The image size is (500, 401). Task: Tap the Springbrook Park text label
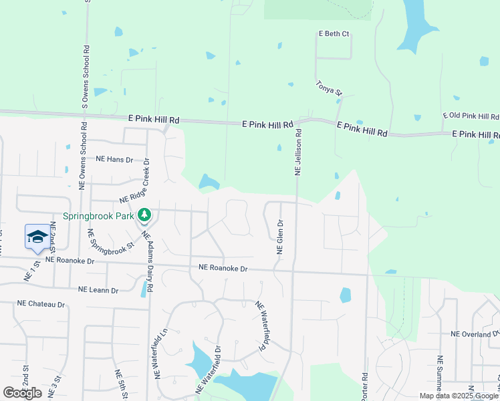coord(99,216)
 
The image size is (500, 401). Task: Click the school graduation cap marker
coord(38,237)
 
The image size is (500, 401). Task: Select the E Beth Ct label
coord(334,34)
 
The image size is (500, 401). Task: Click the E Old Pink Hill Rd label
coord(471,116)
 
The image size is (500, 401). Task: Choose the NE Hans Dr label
coord(114,160)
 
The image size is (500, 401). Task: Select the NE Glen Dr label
coord(281,237)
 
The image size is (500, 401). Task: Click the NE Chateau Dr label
coord(41,304)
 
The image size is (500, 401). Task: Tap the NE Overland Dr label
coord(475,333)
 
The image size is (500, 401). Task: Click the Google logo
coord(22,393)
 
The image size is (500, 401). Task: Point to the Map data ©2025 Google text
coord(459,396)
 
